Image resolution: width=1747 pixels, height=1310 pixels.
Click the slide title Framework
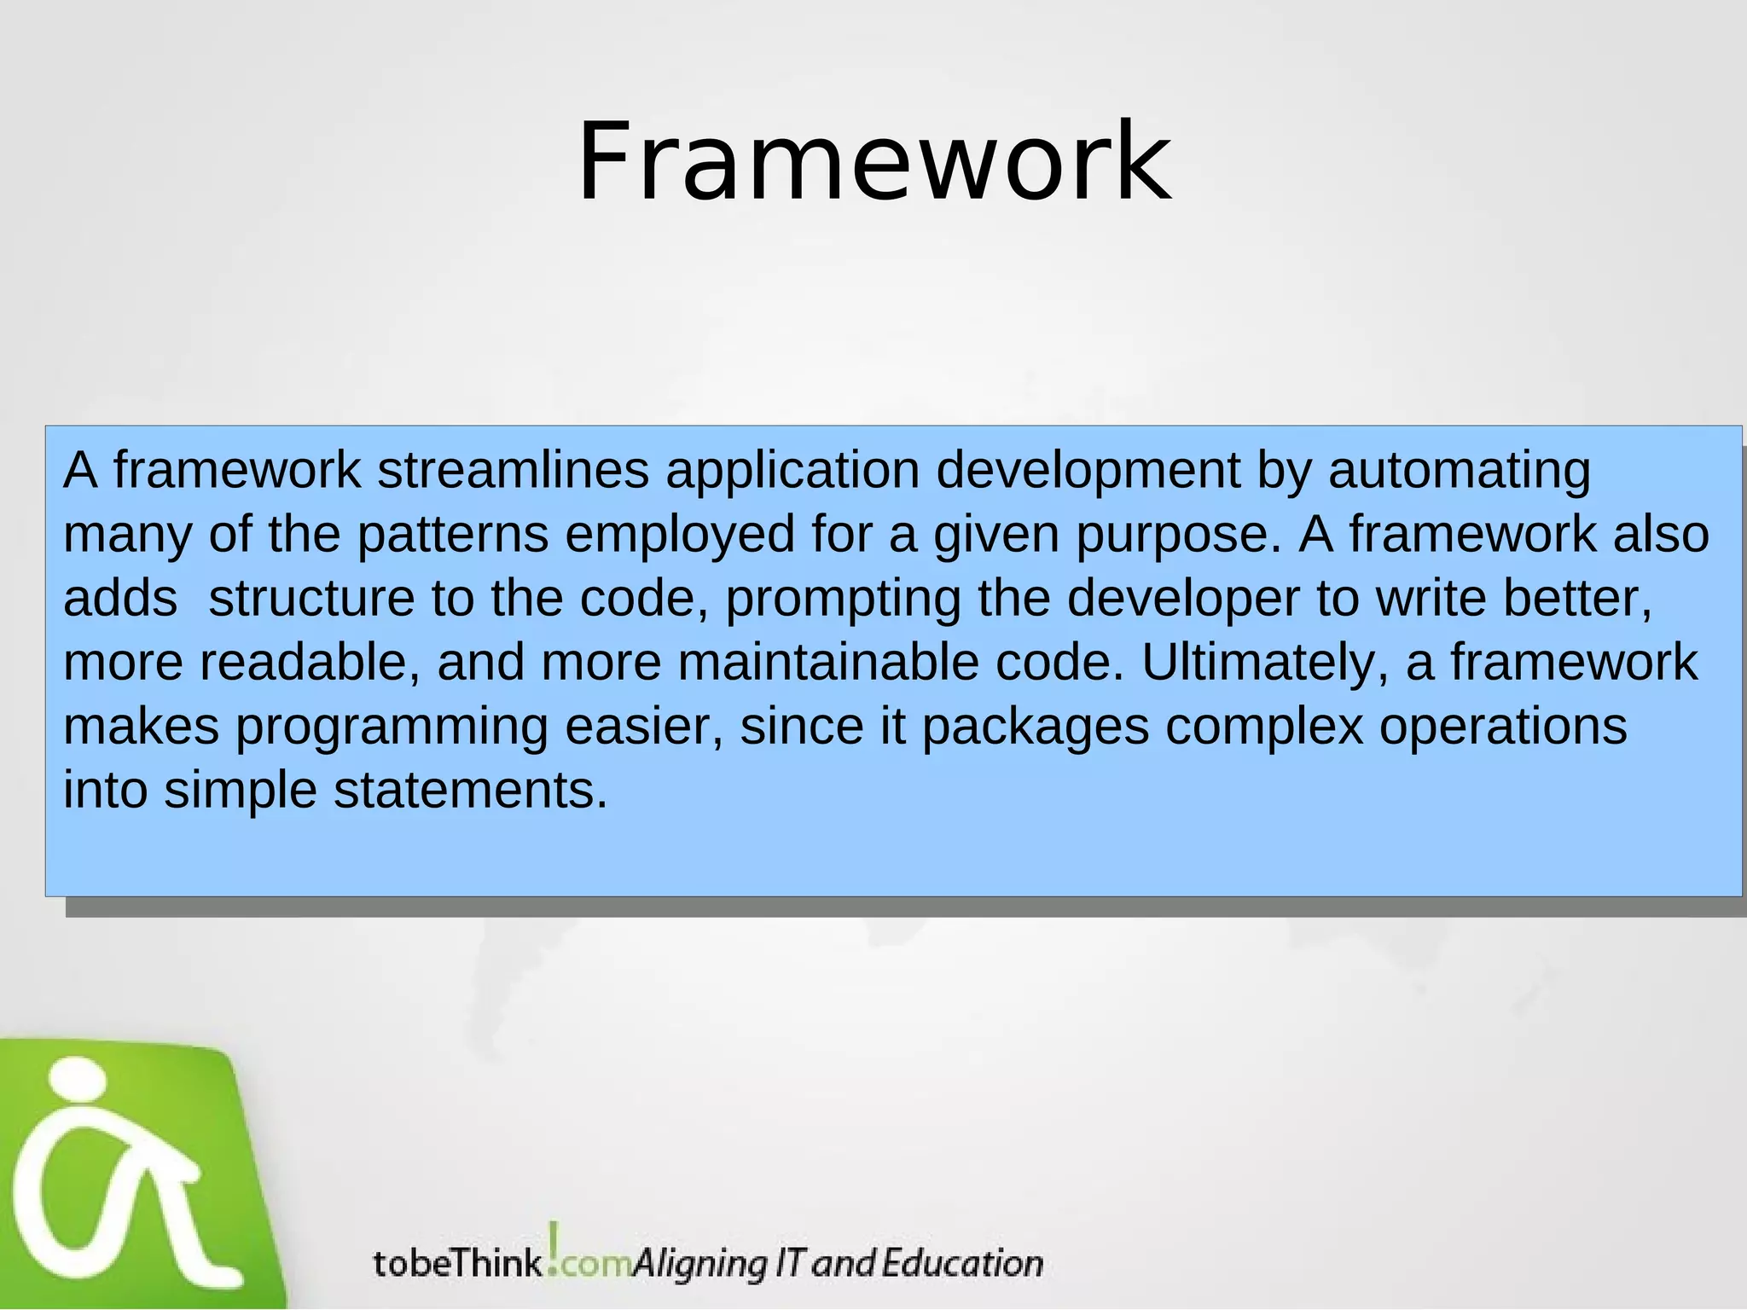pyautogui.click(x=873, y=162)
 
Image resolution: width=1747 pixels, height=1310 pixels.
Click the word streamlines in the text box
pyautogui.click(x=513, y=470)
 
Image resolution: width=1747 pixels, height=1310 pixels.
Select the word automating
pyautogui.click(x=1459, y=470)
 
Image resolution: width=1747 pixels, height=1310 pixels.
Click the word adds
pyautogui.click(x=120, y=598)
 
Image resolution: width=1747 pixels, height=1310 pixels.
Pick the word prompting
pyautogui.click(x=843, y=600)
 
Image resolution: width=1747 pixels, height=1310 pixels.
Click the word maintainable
pyautogui.click(x=827, y=663)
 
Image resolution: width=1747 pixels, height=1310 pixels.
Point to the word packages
pyautogui.click(x=1036, y=727)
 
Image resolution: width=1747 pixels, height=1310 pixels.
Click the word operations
pyautogui.click(x=1503, y=727)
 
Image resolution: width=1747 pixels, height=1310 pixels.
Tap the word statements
pyautogui.click(x=470, y=791)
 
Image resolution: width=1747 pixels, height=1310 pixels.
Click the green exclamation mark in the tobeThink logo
pyautogui.click(x=554, y=1247)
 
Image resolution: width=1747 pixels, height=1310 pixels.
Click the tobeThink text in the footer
pyautogui.click(x=457, y=1263)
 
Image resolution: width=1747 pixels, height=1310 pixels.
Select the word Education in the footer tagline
pyautogui.click(x=962, y=1263)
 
